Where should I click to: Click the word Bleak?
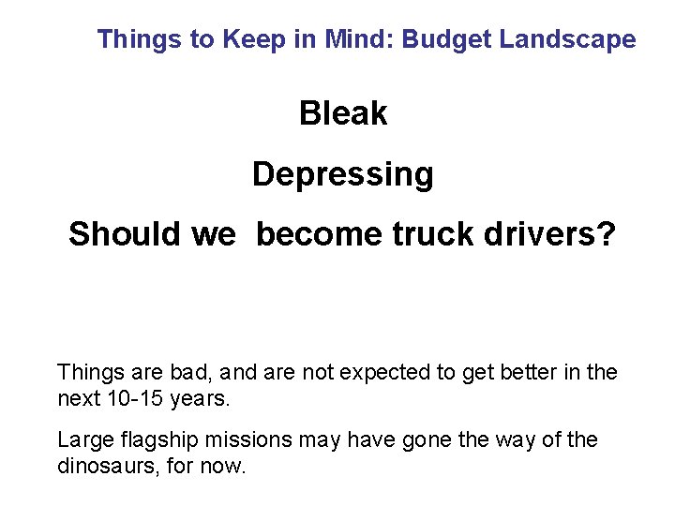[x=342, y=113]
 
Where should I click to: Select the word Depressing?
[x=342, y=174]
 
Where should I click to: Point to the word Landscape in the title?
[x=568, y=39]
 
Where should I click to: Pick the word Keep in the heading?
[x=251, y=39]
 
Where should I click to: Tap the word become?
[x=318, y=234]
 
